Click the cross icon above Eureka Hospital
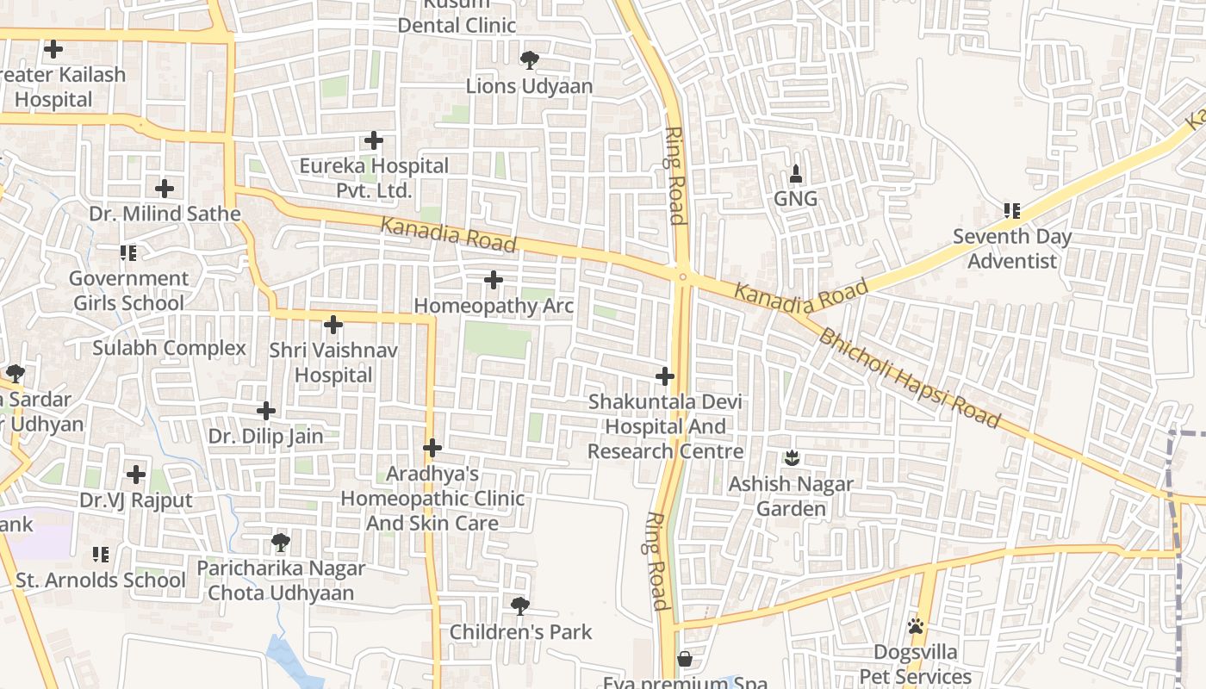click(x=374, y=140)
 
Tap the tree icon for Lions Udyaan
click(x=529, y=60)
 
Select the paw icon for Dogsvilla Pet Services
click(x=916, y=626)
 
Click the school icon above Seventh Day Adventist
click(x=1012, y=210)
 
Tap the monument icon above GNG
click(x=795, y=173)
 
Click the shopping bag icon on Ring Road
click(x=685, y=659)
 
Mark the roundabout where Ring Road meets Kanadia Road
click(x=682, y=276)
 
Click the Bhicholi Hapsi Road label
click(x=909, y=378)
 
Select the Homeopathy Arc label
click(x=494, y=306)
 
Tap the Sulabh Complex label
click(x=169, y=348)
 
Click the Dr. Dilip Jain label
click(x=266, y=436)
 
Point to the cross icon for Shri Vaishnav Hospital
click(x=333, y=325)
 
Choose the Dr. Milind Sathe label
click(x=165, y=214)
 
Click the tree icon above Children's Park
click(x=520, y=605)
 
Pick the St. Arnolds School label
click(x=101, y=580)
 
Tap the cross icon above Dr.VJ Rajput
click(x=136, y=475)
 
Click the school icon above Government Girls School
click(x=128, y=253)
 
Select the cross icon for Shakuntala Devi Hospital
click(x=665, y=376)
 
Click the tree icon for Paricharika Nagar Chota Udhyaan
click(x=280, y=543)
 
